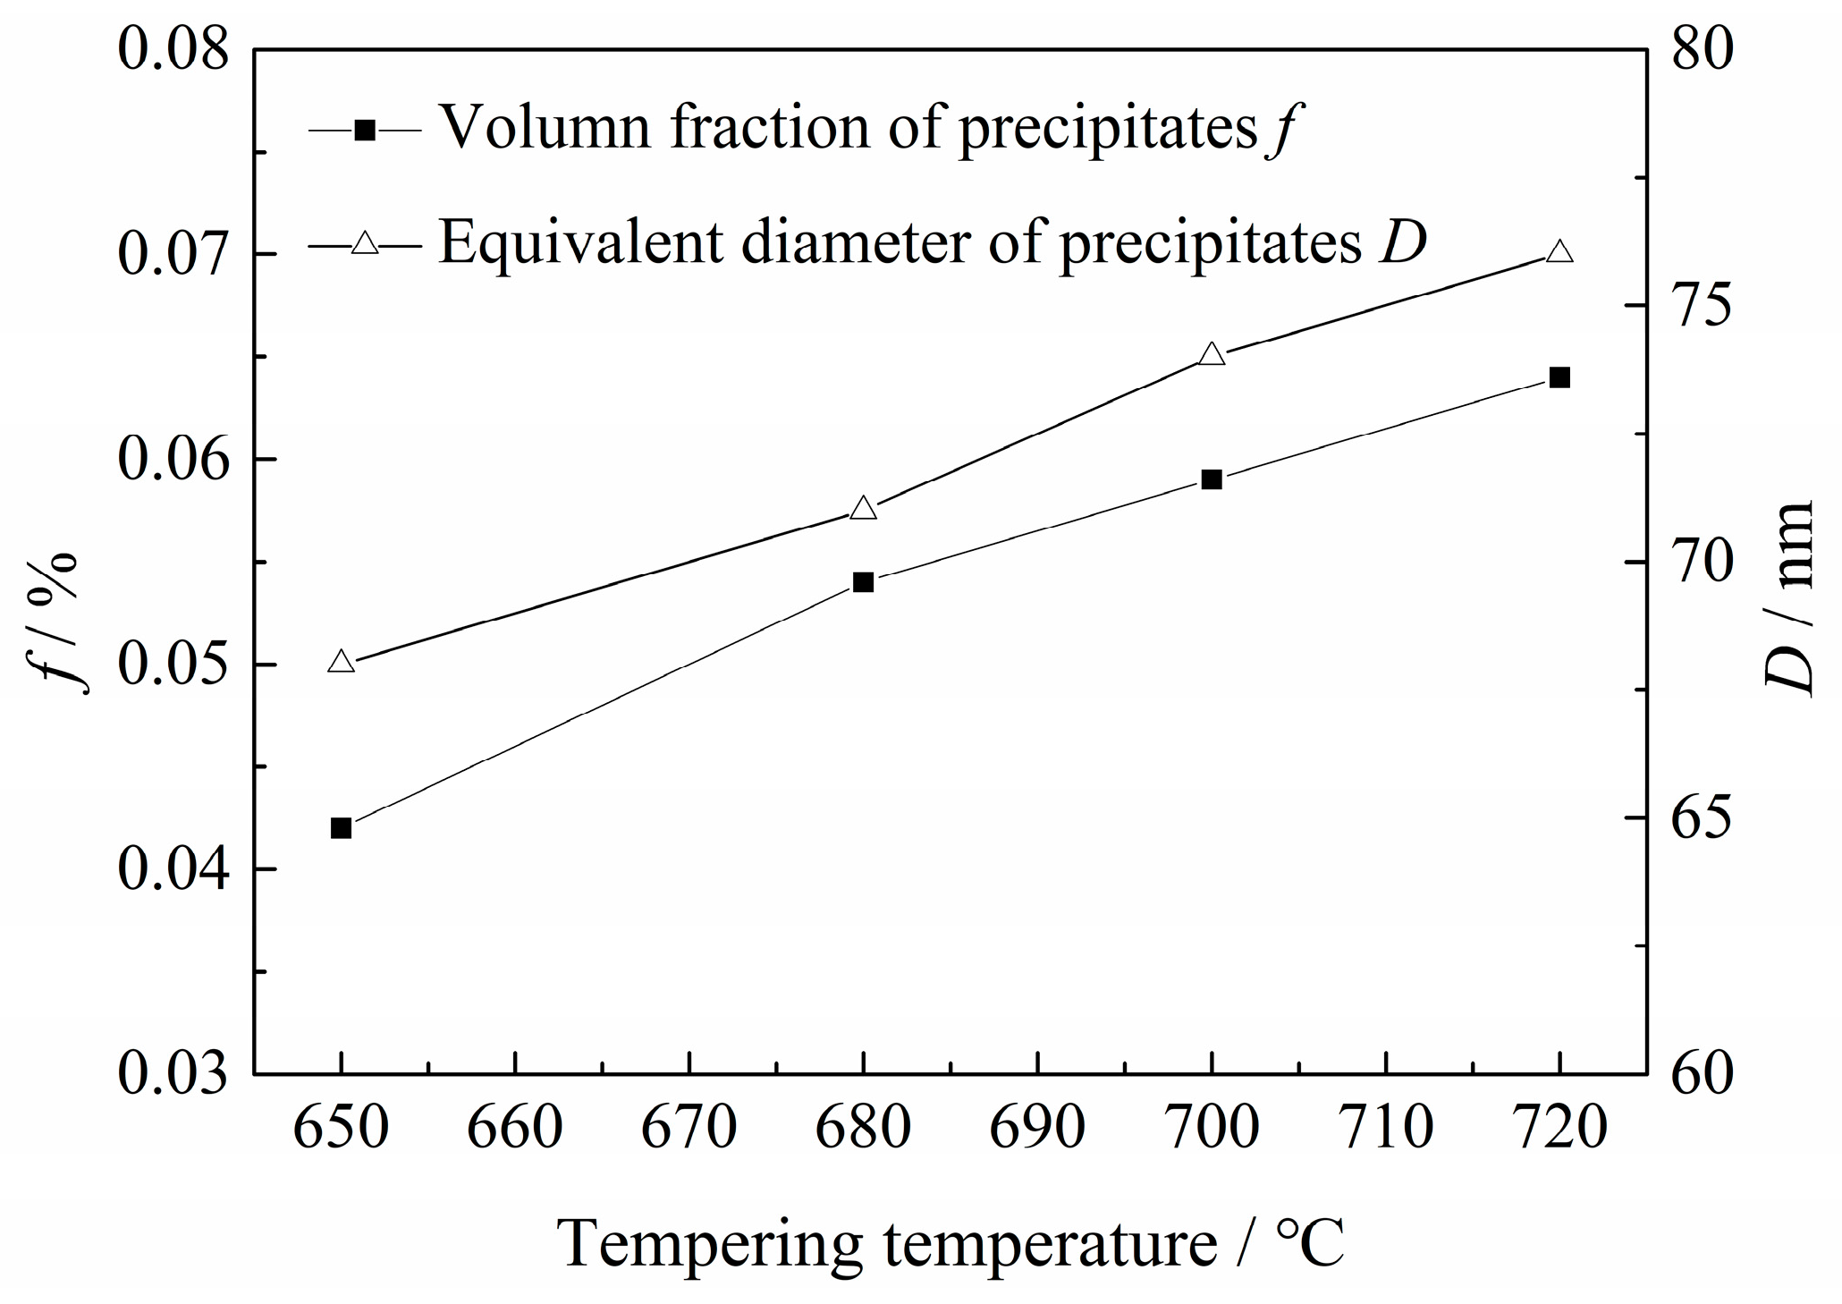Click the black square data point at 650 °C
coord(341,828)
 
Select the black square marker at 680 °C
coord(863,583)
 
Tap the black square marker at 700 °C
coord(1212,479)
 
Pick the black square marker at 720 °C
coord(1559,377)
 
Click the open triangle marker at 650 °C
coord(341,662)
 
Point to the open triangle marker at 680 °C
coord(863,508)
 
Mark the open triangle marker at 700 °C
coord(1212,354)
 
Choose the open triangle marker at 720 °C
coord(1559,251)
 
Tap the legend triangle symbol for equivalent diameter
coord(365,242)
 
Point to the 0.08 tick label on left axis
coord(173,51)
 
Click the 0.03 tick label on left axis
coord(173,1073)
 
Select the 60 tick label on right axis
coord(1703,1073)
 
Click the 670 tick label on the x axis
coord(689,1129)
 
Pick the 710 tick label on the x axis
coord(1385,1129)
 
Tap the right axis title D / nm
coord(1789,598)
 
